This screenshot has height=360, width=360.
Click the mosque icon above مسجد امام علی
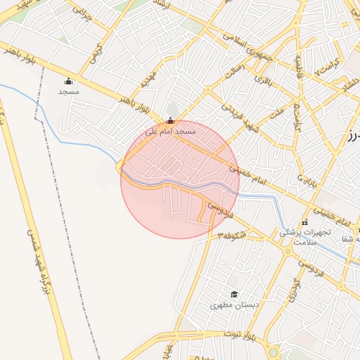tap(170, 120)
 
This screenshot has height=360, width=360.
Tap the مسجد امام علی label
tap(171, 131)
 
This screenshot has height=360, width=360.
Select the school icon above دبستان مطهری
tap(234, 294)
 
